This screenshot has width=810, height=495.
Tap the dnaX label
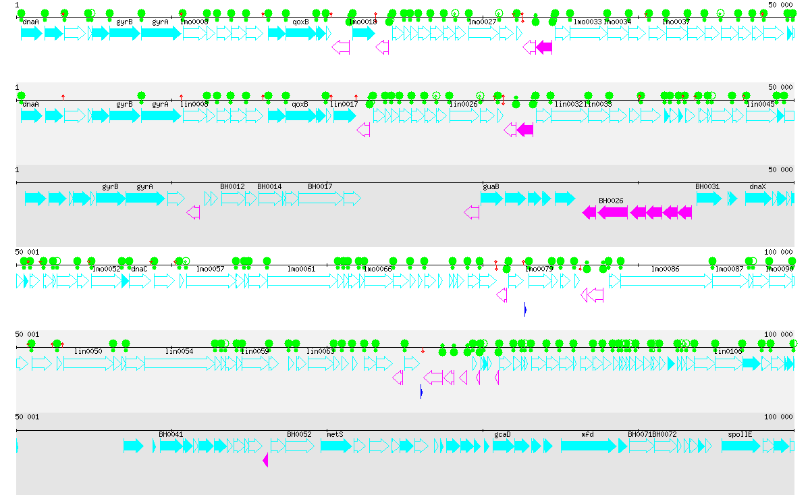point(758,186)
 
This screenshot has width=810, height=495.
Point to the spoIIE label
point(740,434)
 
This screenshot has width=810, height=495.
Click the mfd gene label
point(587,434)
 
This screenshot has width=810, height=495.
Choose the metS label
point(335,434)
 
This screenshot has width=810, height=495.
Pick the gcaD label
point(502,434)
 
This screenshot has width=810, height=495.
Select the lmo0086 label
point(665,269)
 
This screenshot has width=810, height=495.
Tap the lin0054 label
point(180,351)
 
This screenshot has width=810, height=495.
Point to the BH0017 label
point(320,186)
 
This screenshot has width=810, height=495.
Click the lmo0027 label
point(483,22)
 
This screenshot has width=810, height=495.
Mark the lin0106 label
point(728,351)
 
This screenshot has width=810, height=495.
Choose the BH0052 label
point(299,434)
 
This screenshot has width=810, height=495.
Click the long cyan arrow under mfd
point(588,446)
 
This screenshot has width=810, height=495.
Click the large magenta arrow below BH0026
point(612,213)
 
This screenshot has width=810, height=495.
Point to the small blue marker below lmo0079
point(525,309)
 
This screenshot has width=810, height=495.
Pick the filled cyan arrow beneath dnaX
point(758,199)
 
